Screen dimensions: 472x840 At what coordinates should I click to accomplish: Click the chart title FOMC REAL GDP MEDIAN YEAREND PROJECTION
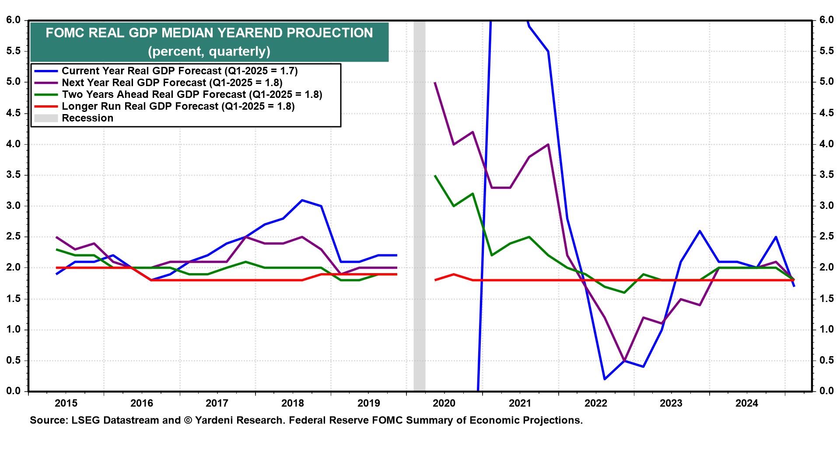coord(209,33)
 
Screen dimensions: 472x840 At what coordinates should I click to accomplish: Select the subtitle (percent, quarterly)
coord(209,52)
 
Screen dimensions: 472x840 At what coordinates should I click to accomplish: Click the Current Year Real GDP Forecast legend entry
coord(179,71)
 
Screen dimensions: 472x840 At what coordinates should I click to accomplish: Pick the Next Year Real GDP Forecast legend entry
coord(172,83)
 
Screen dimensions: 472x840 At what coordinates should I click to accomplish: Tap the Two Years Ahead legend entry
coord(192,94)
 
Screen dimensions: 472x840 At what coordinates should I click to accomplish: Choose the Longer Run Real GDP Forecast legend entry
coord(178,106)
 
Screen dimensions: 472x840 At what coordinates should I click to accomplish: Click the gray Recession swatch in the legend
coord(45,118)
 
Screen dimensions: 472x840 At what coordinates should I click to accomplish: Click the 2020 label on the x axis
coord(444,403)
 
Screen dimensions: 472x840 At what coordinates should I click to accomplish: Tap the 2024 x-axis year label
coord(747,403)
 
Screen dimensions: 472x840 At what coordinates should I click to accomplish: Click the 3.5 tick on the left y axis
coord(13,175)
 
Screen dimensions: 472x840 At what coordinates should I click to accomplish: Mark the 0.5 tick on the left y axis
coord(13,361)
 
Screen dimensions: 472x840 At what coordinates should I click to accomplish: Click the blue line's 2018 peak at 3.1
coord(302,200)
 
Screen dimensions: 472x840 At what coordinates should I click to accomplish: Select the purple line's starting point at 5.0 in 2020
coord(435,82)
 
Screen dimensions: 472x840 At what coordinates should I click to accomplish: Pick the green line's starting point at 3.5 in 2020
coord(435,175)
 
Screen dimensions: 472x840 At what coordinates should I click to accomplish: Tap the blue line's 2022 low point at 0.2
coord(605,379)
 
